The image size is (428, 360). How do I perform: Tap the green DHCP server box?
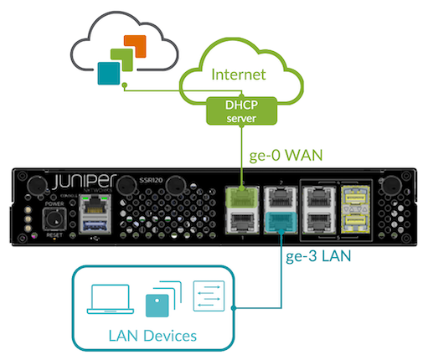coord(243,109)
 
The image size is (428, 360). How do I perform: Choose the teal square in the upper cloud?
coord(106,75)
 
